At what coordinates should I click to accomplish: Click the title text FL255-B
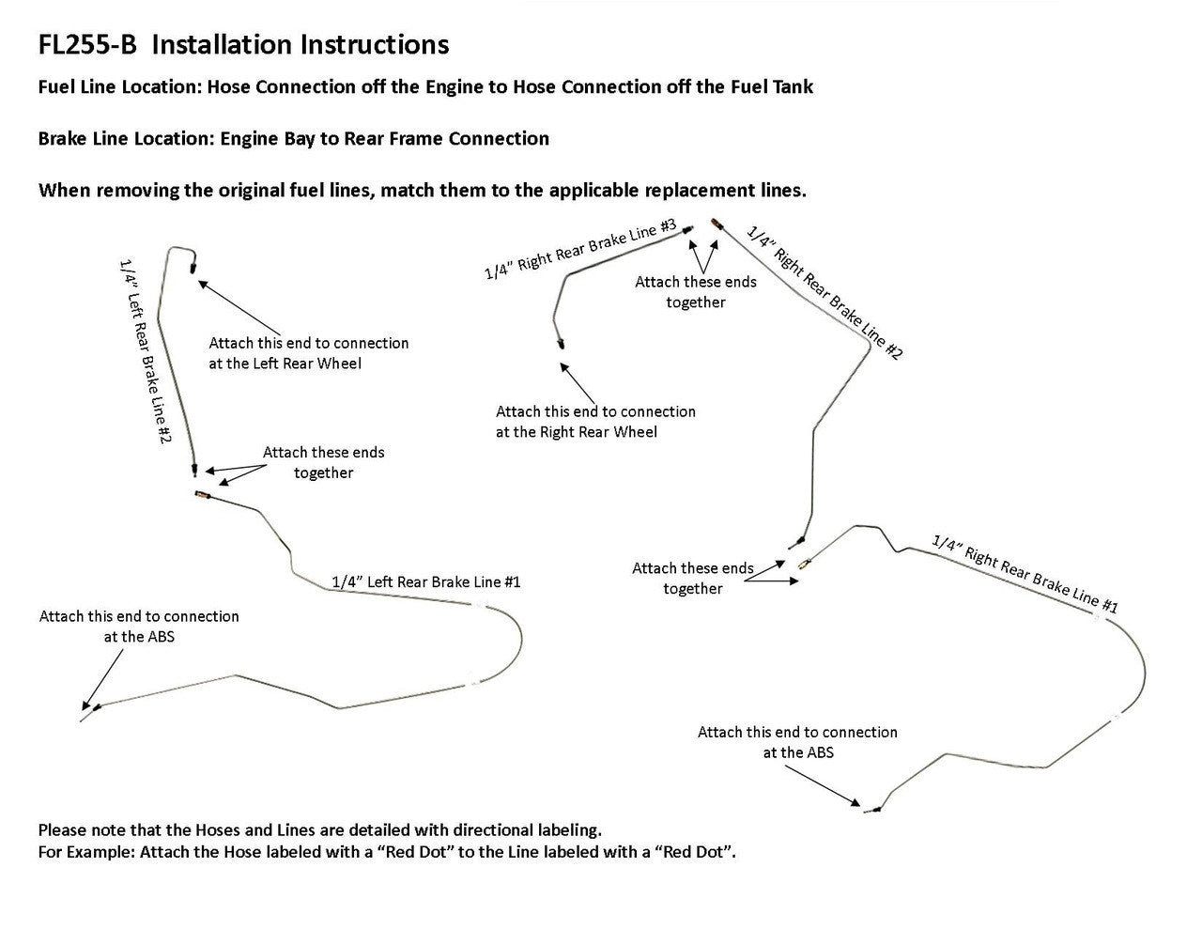(x=88, y=45)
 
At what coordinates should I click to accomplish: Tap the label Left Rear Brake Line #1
(x=426, y=582)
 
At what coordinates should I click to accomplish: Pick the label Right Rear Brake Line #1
(x=1024, y=573)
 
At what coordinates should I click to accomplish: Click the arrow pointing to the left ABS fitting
(x=104, y=678)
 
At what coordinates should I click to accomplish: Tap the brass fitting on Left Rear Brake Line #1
(x=201, y=494)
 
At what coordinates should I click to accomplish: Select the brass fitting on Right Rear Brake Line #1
(x=805, y=565)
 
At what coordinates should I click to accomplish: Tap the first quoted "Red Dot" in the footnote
(x=410, y=853)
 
